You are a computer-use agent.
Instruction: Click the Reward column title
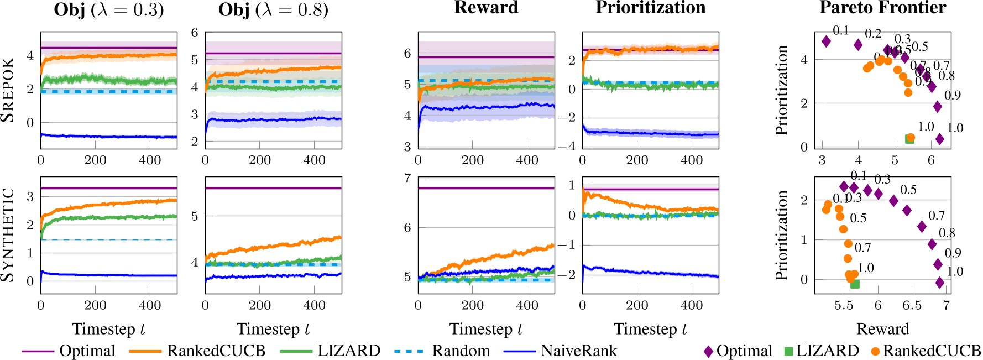[x=486, y=8]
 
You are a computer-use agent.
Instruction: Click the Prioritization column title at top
[x=650, y=8]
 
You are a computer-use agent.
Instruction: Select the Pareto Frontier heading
[x=882, y=8]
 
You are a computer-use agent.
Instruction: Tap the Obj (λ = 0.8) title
[x=273, y=10]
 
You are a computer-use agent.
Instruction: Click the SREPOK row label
[x=8, y=90]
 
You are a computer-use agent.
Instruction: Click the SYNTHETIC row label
[x=8, y=235]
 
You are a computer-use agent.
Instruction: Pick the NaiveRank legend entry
[x=578, y=351]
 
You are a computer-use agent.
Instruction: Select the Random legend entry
[x=461, y=351]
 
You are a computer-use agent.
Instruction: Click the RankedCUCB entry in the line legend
[x=216, y=351]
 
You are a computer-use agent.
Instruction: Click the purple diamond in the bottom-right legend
[x=708, y=351]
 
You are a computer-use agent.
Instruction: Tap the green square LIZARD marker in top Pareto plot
[x=909, y=139]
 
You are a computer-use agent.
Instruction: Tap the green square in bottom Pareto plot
[x=855, y=284]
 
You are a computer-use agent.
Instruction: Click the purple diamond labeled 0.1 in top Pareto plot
[x=827, y=41]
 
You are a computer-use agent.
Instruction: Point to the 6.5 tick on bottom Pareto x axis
[x=912, y=305]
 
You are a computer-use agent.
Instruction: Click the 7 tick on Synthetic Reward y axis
[x=407, y=178]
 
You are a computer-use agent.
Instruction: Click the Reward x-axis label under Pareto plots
[x=882, y=329]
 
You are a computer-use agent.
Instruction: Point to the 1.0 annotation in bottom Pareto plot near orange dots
[x=865, y=268]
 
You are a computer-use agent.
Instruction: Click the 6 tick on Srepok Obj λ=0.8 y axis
[x=195, y=33]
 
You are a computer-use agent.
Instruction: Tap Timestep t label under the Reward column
[x=486, y=329]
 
